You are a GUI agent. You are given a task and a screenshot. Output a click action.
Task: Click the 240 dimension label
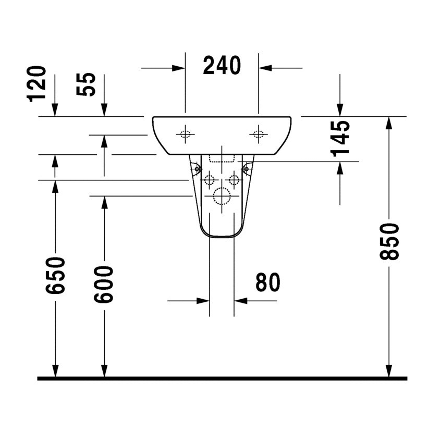click(222, 65)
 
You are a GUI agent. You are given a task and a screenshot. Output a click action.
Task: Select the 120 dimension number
click(36, 84)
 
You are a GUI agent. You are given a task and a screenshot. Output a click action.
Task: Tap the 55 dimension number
click(86, 84)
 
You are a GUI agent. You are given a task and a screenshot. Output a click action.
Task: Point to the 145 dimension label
click(340, 139)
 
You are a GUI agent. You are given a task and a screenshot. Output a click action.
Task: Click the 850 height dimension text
click(389, 241)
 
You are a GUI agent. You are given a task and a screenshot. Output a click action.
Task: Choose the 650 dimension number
click(56, 276)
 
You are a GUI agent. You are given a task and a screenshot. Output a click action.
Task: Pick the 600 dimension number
click(103, 285)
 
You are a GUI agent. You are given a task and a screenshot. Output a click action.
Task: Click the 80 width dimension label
click(268, 282)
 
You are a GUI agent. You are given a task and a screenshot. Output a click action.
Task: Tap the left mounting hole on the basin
click(185, 134)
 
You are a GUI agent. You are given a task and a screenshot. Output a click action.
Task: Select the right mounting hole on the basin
click(258, 134)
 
